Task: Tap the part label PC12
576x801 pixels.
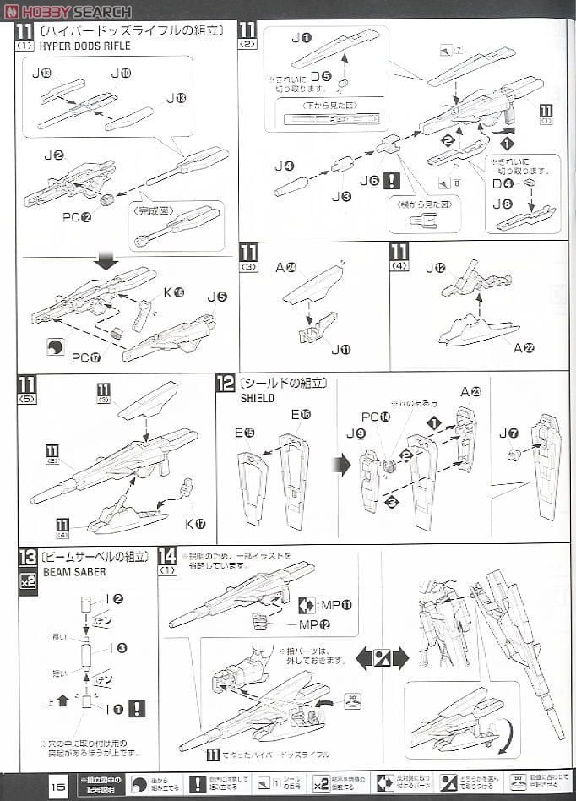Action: click(x=76, y=216)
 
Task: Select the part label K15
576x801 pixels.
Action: click(x=173, y=292)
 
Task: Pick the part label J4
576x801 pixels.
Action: click(x=284, y=166)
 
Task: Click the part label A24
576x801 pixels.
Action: click(x=286, y=268)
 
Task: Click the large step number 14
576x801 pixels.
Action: click(x=167, y=556)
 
